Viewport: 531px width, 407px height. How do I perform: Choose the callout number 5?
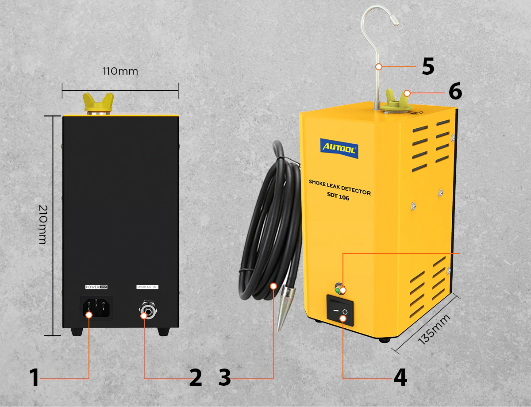click(427, 66)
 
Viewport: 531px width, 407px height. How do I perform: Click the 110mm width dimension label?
click(120, 71)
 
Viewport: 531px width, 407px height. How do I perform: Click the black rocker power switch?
click(340, 311)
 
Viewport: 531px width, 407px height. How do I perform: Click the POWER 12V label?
click(96, 287)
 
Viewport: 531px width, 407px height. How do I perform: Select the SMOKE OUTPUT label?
click(147, 287)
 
